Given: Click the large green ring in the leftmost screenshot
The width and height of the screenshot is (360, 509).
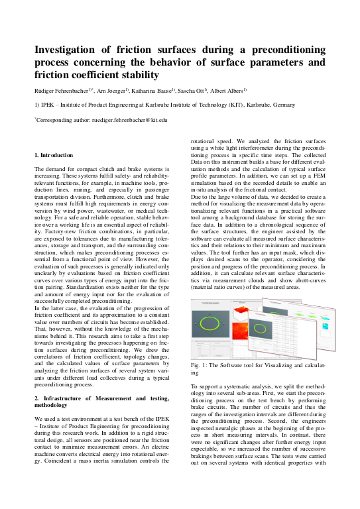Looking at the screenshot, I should tap(210, 327).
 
